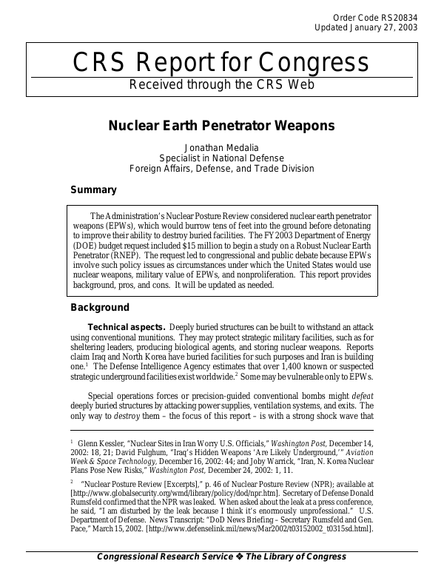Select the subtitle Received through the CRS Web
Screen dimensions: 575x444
tap(222, 84)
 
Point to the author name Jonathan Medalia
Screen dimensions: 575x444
tap(221, 147)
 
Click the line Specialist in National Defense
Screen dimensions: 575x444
tap(221, 158)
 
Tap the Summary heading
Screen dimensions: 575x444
tap(92, 189)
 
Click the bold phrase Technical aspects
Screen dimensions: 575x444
tap(127, 327)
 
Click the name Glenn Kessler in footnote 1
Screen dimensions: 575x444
tap(104, 443)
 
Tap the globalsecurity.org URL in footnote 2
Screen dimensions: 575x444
tap(161, 491)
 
